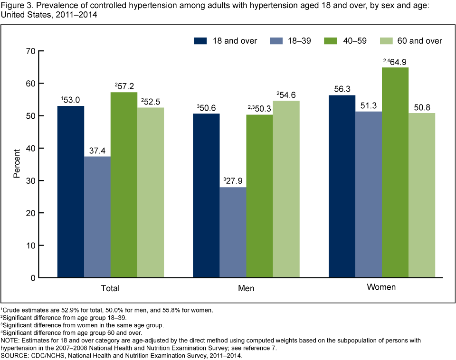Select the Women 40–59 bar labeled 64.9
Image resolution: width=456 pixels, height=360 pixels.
(x=395, y=172)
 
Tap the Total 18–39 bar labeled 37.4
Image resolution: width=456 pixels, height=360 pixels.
(x=97, y=217)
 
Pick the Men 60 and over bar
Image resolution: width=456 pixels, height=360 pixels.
(x=286, y=189)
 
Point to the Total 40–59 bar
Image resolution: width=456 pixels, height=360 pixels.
(x=124, y=185)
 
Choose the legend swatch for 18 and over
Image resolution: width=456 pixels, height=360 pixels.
(x=200, y=41)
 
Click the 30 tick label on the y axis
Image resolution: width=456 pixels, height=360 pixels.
(x=31, y=181)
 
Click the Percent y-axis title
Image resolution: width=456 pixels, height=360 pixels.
(x=17, y=164)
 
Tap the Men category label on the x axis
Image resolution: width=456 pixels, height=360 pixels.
(x=246, y=288)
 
